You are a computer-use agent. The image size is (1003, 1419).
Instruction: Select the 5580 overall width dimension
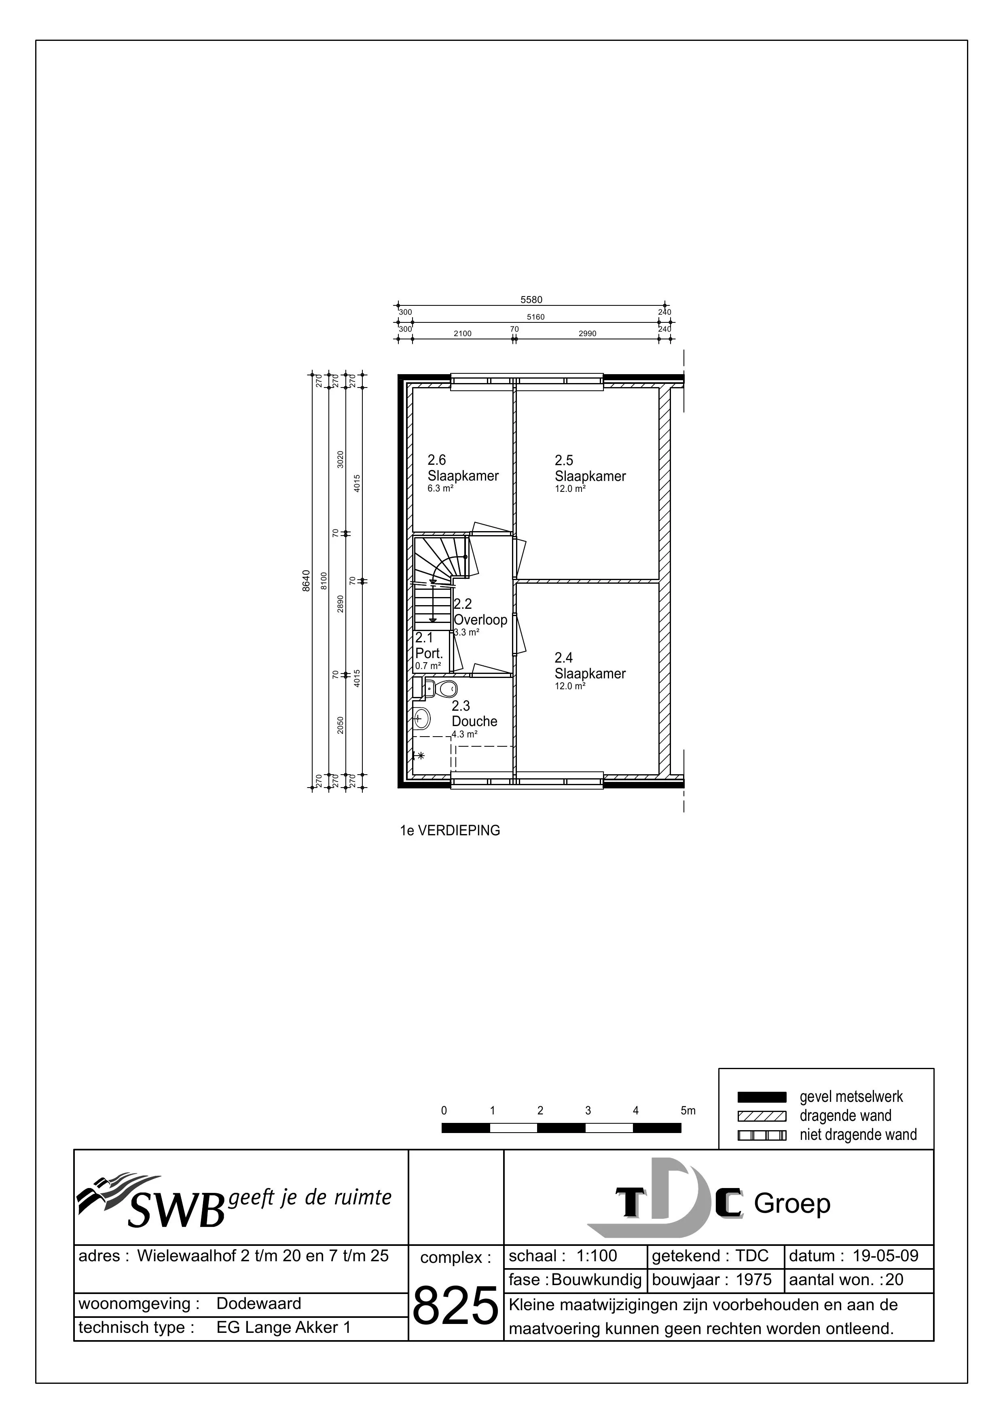[531, 300]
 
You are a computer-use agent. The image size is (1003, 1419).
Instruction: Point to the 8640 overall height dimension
[306, 581]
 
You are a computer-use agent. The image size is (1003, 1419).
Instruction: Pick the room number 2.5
[564, 460]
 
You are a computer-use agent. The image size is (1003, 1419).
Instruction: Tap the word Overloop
[480, 620]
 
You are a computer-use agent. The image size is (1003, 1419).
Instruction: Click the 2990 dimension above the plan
[587, 334]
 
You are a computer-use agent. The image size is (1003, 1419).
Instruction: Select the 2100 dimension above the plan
[462, 334]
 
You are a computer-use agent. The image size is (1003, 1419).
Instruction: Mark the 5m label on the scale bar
[688, 1111]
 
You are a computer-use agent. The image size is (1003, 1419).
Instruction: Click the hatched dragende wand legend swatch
[762, 1116]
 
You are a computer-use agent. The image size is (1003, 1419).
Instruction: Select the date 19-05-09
[885, 1256]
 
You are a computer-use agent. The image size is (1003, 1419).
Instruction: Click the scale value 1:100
[597, 1256]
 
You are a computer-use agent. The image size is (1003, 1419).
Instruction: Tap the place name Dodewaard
[259, 1304]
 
